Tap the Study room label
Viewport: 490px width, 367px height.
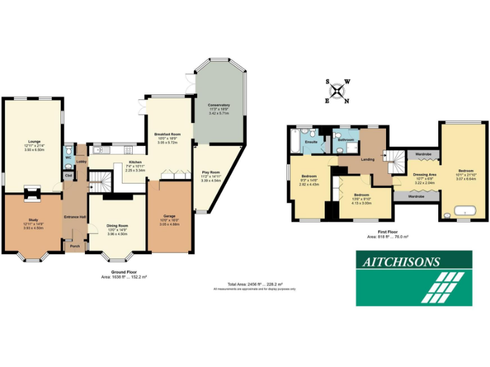[x=34, y=220]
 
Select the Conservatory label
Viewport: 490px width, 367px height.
[x=218, y=105]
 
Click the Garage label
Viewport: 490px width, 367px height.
[x=169, y=216]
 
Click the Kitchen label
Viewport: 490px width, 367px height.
[x=135, y=162]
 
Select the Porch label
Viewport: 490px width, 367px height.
[x=75, y=246]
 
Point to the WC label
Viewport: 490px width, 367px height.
[x=68, y=156]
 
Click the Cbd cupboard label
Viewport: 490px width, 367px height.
[x=68, y=175]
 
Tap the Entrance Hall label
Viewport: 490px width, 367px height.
[x=75, y=217]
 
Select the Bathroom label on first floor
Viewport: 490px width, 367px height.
[x=346, y=139]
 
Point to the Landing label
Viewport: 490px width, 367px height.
[x=367, y=159]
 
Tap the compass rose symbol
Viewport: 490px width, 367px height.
[x=338, y=90]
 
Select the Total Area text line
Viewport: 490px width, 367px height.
[x=255, y=284]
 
